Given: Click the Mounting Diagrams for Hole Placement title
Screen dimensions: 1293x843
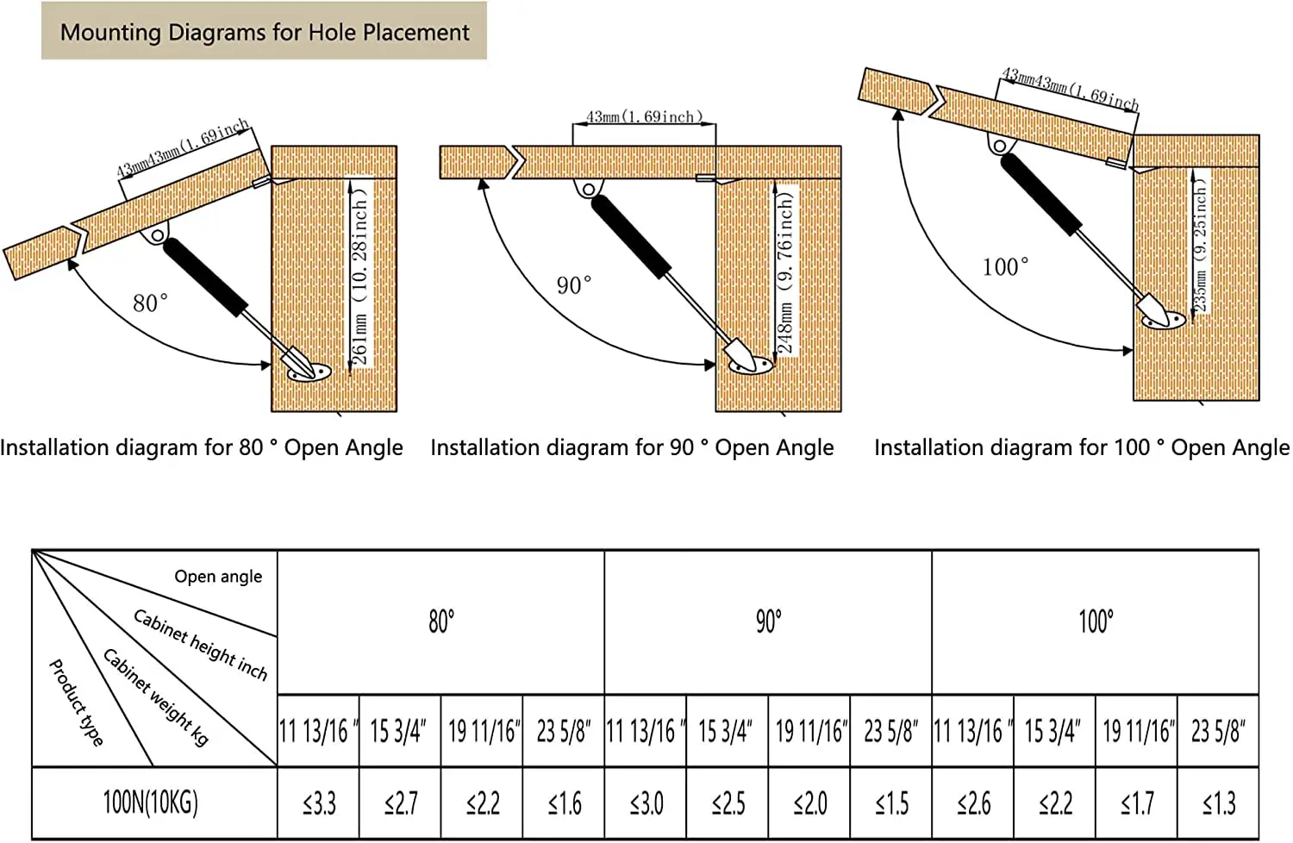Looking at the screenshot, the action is pyautogui.click(x=265, y=33).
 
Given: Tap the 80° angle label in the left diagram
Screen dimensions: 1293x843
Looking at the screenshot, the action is pyautogui.click(x=150, y=303).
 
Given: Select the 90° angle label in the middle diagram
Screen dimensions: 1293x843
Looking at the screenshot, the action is pyautogui.click(x=574, y=285).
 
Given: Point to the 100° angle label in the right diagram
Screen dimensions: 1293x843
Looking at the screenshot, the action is pyautogui.click(x=1005, y=266).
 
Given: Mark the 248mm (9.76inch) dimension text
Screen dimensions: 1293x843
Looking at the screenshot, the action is pyautogui.click(x=785, y=272).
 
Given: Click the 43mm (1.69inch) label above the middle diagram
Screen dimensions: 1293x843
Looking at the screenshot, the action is pyautogui.click(x=644, y=116).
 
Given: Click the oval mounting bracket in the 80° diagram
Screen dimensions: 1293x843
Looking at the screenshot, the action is pyautogui.click(x=309, y=372).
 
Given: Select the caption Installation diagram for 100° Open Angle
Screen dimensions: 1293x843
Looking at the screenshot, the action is pyautogui.click(x=1082, y=447).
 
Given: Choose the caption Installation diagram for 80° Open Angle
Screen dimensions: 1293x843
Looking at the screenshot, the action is pyautogui.click(x=202, y=447).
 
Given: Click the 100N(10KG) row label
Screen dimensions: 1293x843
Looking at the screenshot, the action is pyautogui.click(x=150, y=802).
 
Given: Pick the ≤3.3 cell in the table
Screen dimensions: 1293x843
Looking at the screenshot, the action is pyautogui.click(x=319, y=803).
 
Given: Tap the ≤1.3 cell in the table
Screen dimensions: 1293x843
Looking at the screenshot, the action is pyautogui.click(x=1219, y=803).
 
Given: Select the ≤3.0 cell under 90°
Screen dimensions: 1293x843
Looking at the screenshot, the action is pyautogui.click(x=646, y=803).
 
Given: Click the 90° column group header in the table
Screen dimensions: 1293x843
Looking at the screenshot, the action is pyautogui.click(x=768, y=621).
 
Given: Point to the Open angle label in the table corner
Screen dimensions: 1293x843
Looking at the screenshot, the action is pyautogui.click(x=218, y=577).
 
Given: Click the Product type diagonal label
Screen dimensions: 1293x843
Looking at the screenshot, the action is pyautogui.click(x=76, y=702).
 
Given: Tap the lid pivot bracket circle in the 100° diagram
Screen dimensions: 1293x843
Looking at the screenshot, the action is pyautogui.click(x=999, y=146).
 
